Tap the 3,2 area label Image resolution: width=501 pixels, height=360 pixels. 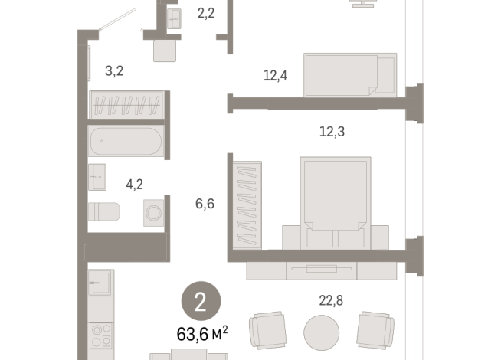click(114, 72)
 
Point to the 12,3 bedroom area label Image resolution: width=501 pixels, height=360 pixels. click(332, 132)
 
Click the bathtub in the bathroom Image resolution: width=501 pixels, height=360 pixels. click(125, 142)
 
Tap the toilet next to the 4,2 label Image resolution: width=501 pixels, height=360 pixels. click(104, 212)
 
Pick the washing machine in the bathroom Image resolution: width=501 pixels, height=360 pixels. click(154, 212)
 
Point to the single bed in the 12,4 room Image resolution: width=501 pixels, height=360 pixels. click(350, 74)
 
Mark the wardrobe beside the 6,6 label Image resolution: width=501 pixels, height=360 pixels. click(247, 204)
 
